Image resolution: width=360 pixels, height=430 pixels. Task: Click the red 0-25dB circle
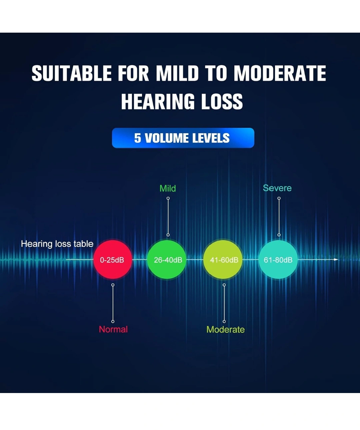click(x=113, y=260)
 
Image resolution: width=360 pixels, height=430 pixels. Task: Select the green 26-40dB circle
click(x=167, y=260)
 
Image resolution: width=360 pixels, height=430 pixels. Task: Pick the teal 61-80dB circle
click(x=278, y=260)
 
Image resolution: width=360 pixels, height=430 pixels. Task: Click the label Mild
click(x=168, y=189)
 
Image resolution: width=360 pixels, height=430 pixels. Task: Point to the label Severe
click(x=277, y=188)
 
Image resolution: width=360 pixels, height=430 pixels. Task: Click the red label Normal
click(x=113, y=329)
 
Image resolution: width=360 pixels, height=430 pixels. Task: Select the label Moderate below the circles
click(x=225, y=329)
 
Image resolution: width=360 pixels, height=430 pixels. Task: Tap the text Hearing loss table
click(x=57, y=244)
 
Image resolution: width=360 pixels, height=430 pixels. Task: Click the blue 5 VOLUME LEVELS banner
click(x=183, y=138)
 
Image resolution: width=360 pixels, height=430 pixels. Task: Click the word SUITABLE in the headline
click(x=72, y=73)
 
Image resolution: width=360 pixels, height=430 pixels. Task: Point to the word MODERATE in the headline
click(x=280, y=73)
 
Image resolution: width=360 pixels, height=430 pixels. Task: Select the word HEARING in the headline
click(x=158, y=102)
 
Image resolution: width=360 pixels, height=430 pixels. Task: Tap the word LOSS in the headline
click(x=222, y=102)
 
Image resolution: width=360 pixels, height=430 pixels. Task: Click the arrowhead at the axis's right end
click(x=336, y=259)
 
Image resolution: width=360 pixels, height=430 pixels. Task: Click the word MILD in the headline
click(x=177, y=73)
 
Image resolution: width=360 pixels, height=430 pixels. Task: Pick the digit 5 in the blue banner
click(x=138, y=138)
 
